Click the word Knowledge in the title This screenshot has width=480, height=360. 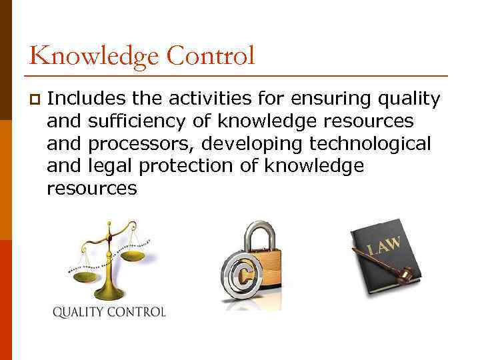[93, 55]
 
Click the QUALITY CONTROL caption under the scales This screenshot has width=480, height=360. [109, 311]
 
